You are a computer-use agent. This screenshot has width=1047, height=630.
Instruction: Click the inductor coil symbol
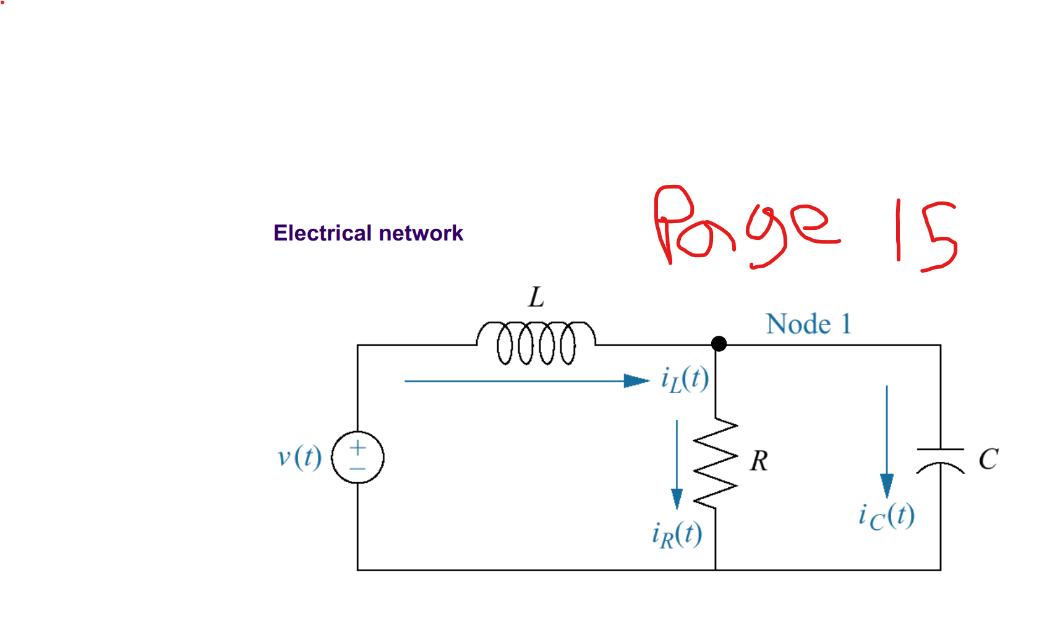click(x=536, y=343)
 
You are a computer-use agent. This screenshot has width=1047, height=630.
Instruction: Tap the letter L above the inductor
click(x=536, y=297)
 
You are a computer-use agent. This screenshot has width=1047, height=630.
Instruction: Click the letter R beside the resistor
click(x=759, y=461)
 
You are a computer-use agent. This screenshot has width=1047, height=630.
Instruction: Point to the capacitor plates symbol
click(x=940, y=458)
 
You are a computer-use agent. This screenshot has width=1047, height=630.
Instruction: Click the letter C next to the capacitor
click(x=988, y=459)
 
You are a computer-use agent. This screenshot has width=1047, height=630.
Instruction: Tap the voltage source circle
click(x=357, y=458)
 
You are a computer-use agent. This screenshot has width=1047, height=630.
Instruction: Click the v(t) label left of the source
click(x=299, y=458)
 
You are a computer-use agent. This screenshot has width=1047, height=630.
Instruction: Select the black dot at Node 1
click(x=719, y=344)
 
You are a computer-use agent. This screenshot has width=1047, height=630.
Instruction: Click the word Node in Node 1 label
click(x=798, y=324)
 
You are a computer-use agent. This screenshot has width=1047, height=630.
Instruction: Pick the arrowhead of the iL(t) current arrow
click(x=636, y=381)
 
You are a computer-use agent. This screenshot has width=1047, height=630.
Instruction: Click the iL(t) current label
click(x=685, y=379)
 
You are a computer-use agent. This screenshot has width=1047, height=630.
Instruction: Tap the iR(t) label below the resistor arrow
click(x=677, y=534)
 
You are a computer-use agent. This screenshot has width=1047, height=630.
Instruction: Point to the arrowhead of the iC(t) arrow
click(x=886, y=485)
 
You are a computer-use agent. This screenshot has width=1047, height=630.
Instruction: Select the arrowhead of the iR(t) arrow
click(x=677, y=498)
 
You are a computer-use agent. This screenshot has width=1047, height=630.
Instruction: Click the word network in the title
click(x=421, y=233)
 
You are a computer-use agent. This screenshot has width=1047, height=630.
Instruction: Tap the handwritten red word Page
click(x=742, y=226)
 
